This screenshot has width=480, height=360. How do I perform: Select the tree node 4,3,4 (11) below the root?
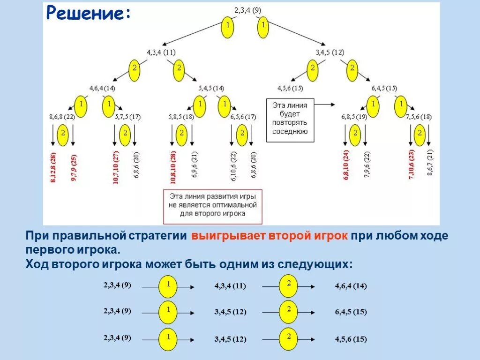[161, 52]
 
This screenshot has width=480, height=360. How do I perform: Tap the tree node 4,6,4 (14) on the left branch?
[103, 88]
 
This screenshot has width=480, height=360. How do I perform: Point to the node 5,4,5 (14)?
[211, 88]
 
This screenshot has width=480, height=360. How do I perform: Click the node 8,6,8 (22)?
[62, 117]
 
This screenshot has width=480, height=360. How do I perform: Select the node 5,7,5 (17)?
[127, 117]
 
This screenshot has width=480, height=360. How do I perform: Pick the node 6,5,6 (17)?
[243, 117]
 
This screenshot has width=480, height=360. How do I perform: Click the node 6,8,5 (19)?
[354, 117]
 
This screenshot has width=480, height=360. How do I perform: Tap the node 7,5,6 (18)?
[419, 117]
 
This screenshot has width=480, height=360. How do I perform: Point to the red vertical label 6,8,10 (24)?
[346, 165]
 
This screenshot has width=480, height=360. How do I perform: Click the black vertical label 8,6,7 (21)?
[430, 162]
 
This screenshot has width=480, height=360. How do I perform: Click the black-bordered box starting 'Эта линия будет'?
[290, 120]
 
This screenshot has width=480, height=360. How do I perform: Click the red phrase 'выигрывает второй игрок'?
[269, 236]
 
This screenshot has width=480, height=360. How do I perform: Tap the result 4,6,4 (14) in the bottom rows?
[351, 286]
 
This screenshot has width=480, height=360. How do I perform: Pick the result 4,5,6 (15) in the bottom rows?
[351, 339]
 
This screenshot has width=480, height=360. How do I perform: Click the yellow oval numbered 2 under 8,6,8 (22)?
[63, 134]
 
